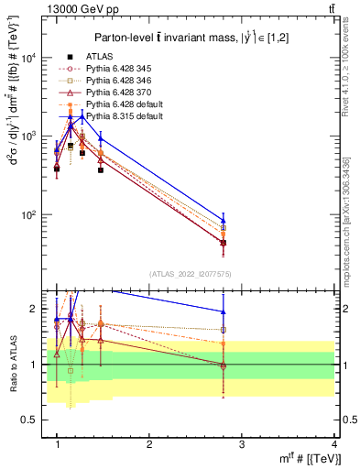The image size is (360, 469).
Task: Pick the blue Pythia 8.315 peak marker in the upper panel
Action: pos(82,116)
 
